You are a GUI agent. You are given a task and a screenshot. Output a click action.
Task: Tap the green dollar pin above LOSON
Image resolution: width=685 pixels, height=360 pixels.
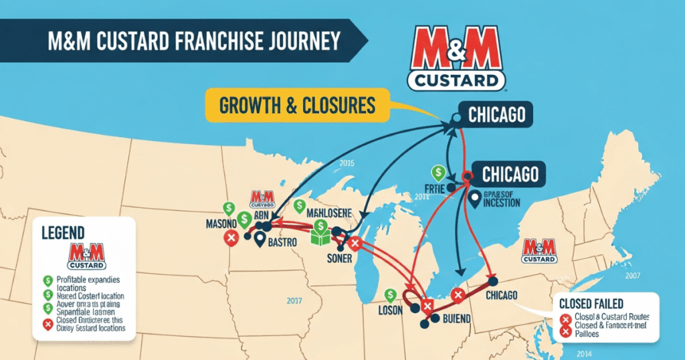(x=390, y=295)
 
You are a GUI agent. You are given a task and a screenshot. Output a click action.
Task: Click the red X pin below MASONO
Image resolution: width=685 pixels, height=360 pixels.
(x=231, y=238)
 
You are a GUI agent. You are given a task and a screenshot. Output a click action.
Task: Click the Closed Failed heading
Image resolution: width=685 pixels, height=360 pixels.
(x=599, y=301)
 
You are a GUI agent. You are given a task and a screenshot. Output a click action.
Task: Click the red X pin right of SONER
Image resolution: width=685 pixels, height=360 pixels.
(x=355, y=244)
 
